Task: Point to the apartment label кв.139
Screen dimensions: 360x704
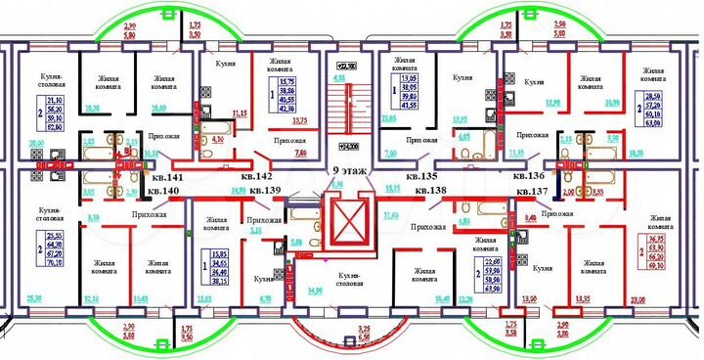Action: (x=266, y=190)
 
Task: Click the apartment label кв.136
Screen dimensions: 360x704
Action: (x=529, y=177)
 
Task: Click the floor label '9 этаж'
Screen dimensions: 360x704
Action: (x=350, y=169)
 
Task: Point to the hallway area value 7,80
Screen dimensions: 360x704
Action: (x=301, y=154)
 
